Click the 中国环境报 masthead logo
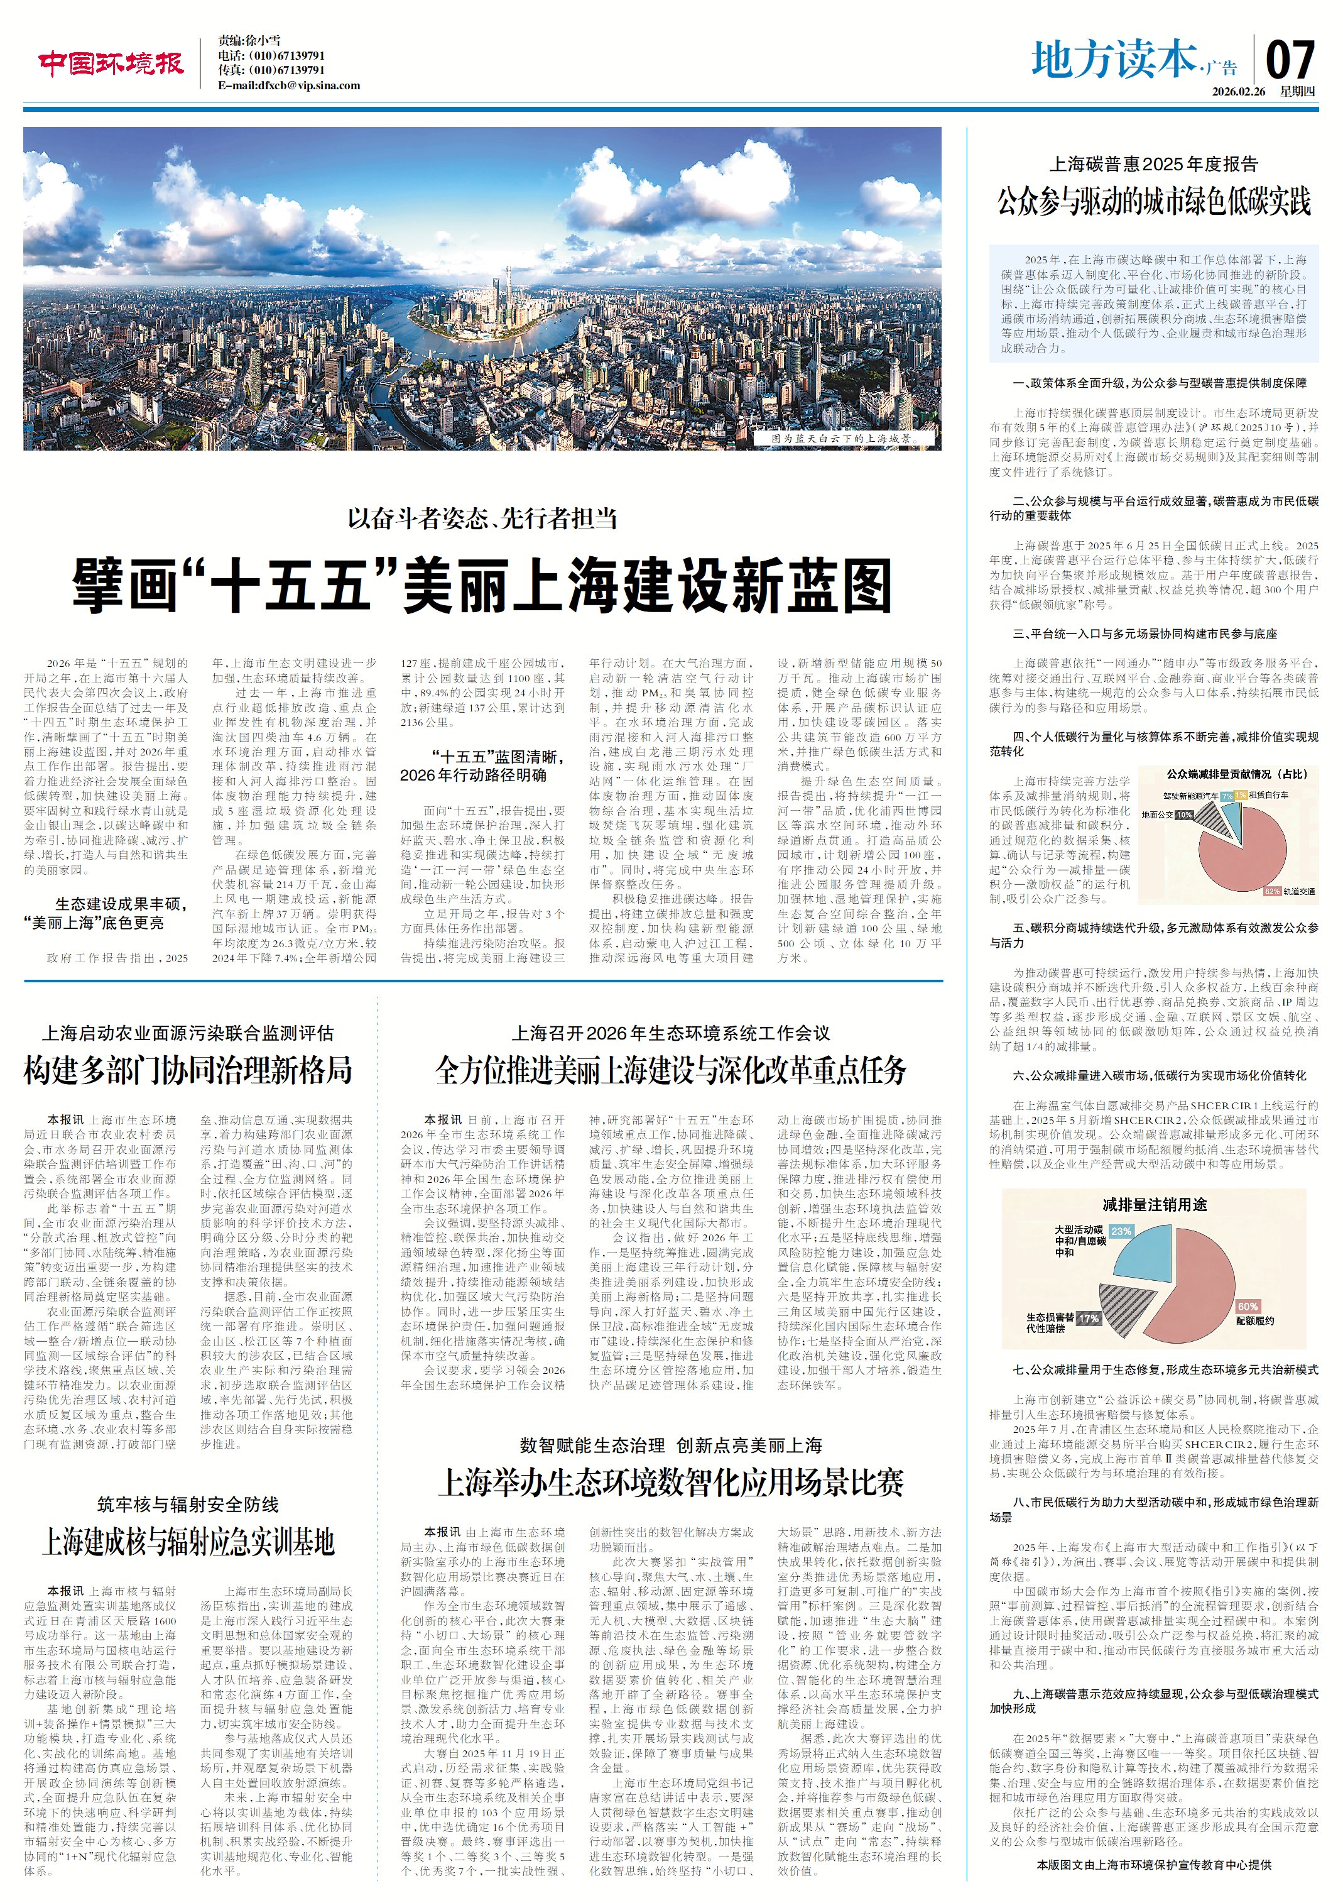coord(110,63)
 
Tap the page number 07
coord(1290,60)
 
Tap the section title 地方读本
coord(1114,60)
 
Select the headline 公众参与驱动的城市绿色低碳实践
coord(1153,201)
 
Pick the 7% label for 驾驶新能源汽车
coord(1226,796)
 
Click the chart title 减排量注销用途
coord(1154,1204)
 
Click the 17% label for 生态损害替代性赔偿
coord(1088,1318)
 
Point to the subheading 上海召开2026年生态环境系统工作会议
coord(670,1033)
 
